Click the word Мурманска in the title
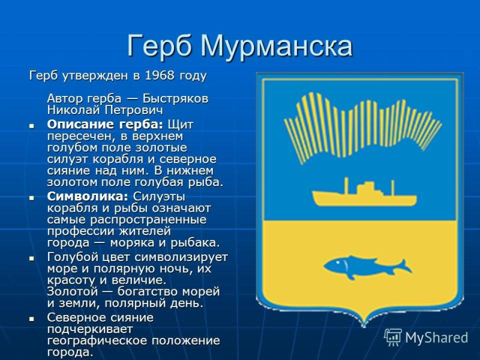coord(276,46)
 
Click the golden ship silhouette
coord(361,195)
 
